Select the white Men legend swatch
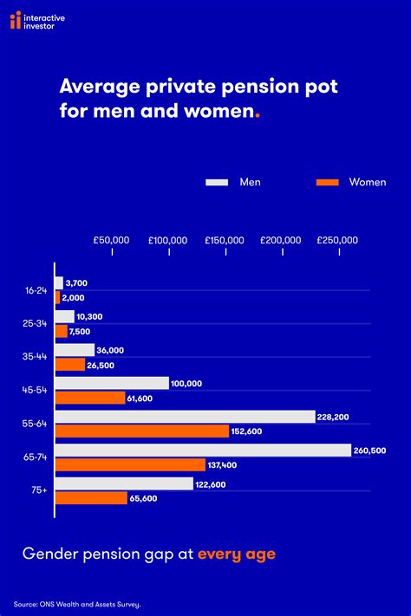[216, 182]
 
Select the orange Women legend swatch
[326, 182]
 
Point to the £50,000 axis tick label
[111, 240]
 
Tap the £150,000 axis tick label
[225, 240]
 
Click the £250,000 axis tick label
[337, 240]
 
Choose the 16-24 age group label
[36, 290]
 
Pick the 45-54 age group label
[36, 390]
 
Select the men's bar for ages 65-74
[203, 450]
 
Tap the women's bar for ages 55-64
[142, 431]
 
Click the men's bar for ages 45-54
[112, 383]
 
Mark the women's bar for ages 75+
[92, 498]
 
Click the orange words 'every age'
[237, 554]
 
